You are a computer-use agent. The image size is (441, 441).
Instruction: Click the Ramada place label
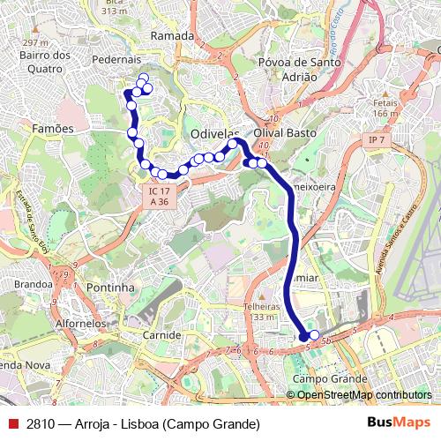pos(172,35)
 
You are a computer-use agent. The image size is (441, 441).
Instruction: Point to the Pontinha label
pos(112,288)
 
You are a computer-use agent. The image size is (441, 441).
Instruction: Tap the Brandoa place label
pos(34,284)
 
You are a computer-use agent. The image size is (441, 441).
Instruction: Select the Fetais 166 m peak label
pos(385,108)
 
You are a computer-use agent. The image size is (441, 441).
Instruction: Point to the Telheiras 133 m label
pos(260,311)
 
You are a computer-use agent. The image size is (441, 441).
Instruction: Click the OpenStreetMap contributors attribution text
pos(363,395)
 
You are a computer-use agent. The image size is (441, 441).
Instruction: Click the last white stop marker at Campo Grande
pos(314,335)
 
